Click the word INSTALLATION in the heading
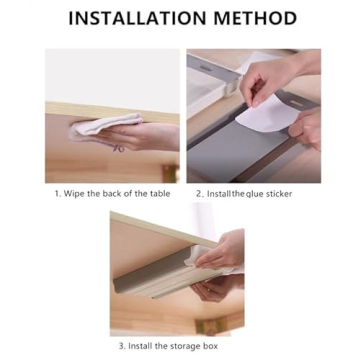pos(138,18)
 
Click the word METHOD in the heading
pos(255,18)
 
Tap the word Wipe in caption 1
pos(74,194)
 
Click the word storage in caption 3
pos(187,346)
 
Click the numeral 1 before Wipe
pos(57,194)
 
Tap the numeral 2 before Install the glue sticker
pos(199,194)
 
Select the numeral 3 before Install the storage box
pos(122,346)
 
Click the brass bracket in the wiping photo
pos(170,174)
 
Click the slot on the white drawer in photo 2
pos(207,67)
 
